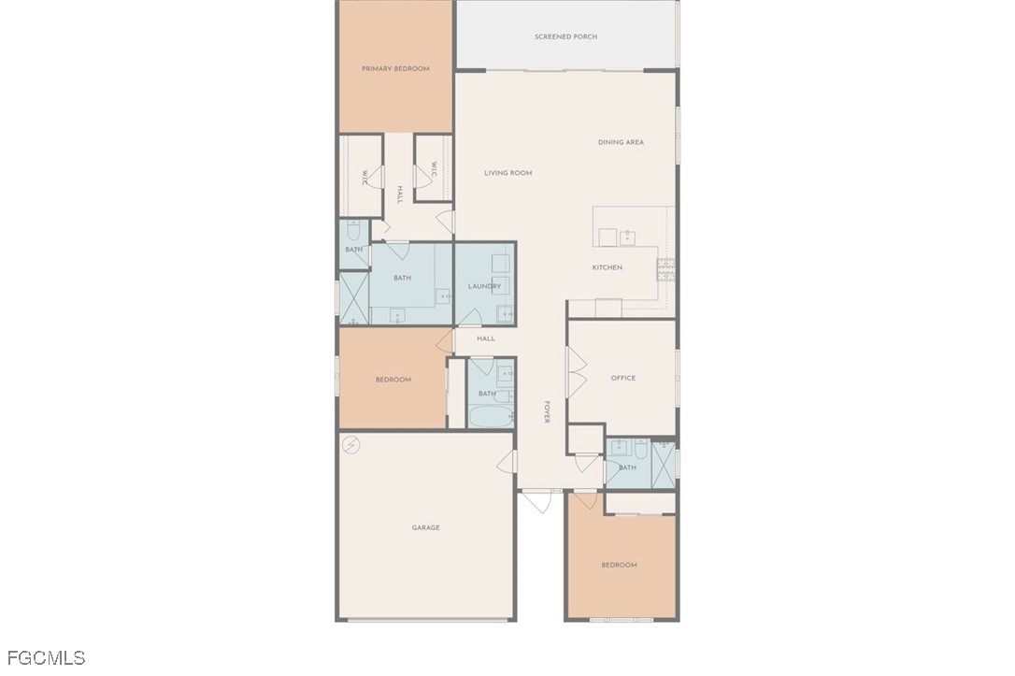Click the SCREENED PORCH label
tap(565, 36)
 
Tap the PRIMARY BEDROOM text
tap(395, 68)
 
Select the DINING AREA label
tap(621, 142)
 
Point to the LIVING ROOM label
tap(508, 173)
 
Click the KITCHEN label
tap(608, 267)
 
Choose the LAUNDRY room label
tap(484, 286)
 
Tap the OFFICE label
tap(623, 378)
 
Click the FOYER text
tap(547, 411)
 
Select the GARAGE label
tap(426, 527)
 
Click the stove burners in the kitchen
tap(665, 269)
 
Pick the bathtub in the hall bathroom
tap(490, 416)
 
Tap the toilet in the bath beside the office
tap(641, 448)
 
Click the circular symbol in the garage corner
tap(350, 445)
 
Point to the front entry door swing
tap(537, 501)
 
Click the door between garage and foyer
tap(507, 461)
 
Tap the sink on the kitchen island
tap(627, 237)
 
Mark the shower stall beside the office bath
tap(664, 465)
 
